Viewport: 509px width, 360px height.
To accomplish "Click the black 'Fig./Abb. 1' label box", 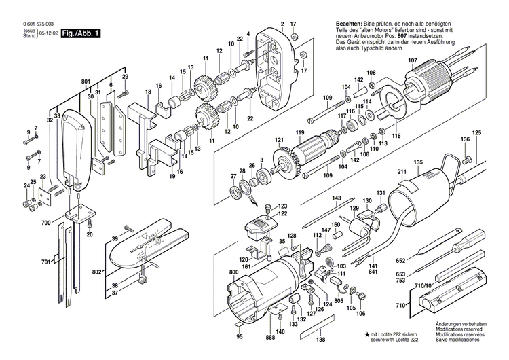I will [x=80, y=32].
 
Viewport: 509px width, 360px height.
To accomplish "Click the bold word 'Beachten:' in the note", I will [x=349, y=24].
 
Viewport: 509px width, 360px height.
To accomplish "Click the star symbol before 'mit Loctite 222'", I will [x=367, y=334].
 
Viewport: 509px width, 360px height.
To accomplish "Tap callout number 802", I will [x=97, y=253].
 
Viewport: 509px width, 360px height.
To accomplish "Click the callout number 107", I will [x=413, y=60].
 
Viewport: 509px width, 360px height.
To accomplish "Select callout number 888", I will [x=271, y=338].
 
